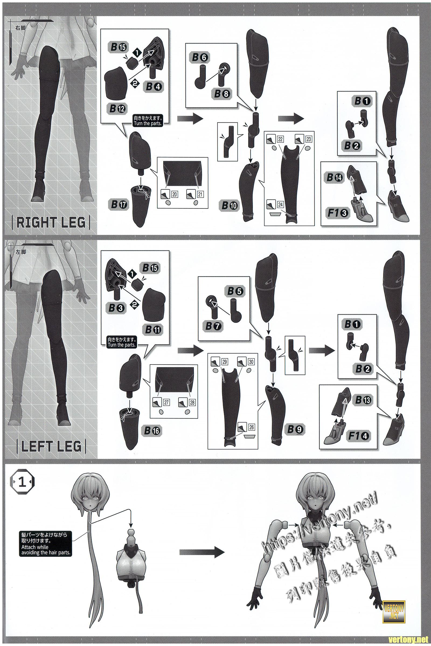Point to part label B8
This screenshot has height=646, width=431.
[222, 94]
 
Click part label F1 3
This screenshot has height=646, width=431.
[338, 213]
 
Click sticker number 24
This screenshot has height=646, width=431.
[280, 205]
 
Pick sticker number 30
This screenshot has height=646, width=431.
[251, 362]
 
